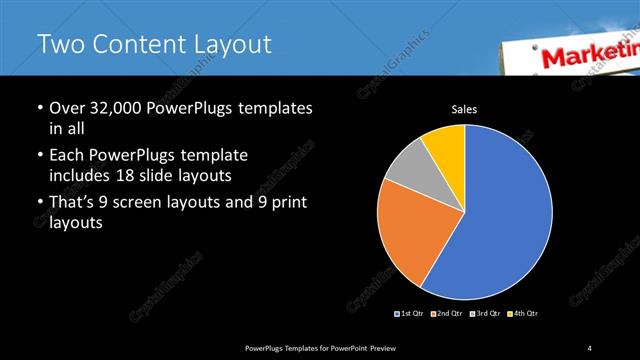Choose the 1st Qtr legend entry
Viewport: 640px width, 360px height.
tap(411, 313)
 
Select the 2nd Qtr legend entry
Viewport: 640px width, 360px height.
tap(447, 313)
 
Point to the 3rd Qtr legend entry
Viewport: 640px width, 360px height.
tap(484, 313)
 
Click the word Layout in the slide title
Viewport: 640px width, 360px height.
tap(227, 45)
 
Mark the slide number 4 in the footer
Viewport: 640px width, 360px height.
tap(590, 347)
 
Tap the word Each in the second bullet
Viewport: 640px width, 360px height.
tap(66, 156)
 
